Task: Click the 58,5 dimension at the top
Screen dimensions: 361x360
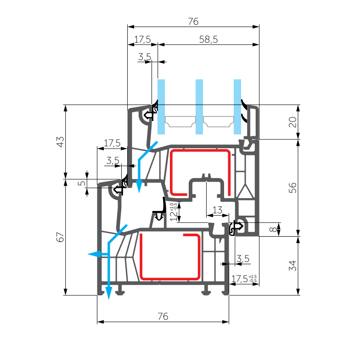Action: tap(208, 40)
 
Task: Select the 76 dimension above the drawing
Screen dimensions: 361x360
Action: tap(193, 22)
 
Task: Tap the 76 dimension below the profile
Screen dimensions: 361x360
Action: tap(163, 317)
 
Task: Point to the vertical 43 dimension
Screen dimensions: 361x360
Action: tap(60, 141)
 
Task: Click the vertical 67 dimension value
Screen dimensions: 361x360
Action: tap(60, 237)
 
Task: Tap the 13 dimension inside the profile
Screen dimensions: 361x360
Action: tap(218, 210)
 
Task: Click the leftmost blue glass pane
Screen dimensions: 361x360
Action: tap(161, 106)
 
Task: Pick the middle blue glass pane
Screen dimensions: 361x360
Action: tap(199, 106)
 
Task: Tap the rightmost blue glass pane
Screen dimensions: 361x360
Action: tap(237, 106)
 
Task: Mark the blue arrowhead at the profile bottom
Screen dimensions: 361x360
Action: tap(109, 294)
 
